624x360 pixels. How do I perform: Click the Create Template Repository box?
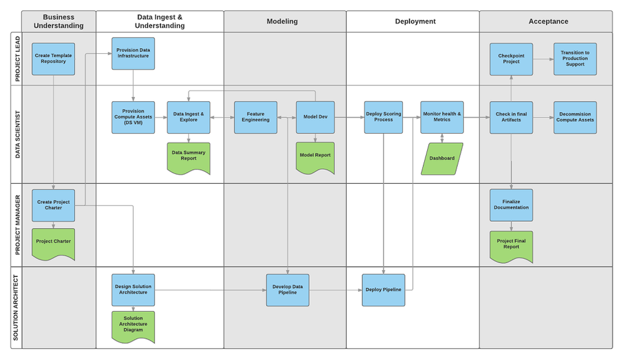click(x=53, y=59)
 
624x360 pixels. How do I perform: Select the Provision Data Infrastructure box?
click(x=133, y=53)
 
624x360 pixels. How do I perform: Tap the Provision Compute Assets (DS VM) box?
click(x=133, y=117)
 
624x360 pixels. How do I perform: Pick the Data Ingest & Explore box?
click(x=189, y=117)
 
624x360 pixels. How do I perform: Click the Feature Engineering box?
click(x=255, y=117)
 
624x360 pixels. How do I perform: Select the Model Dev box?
click(x=315, y=117)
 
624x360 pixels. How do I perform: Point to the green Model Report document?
click(x=315, y=156)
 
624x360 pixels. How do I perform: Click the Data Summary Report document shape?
click(x=189, y=157)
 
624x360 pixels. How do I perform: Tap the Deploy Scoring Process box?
click(x=384, y=117)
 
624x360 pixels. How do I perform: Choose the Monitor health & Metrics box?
click(x=442, y=117)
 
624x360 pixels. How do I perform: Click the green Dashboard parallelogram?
click(x=442, y=159)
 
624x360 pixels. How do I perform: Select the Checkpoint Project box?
click(x=511, y=59)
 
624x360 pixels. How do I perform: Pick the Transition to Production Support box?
click(x=575, y=59)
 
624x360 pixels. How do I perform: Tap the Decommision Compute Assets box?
click(x=575, y=117)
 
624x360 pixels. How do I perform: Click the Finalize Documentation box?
click(x=511, y=205)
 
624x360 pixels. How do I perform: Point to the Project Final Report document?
click(x=511, y=245)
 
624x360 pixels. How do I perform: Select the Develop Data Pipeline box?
click(x=287, y=289)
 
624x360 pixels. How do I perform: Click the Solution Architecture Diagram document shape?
click(x=133, y=326)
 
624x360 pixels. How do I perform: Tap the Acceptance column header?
click(x=548, y=21)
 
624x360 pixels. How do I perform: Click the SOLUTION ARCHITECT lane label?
click(x=16, y=307)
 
